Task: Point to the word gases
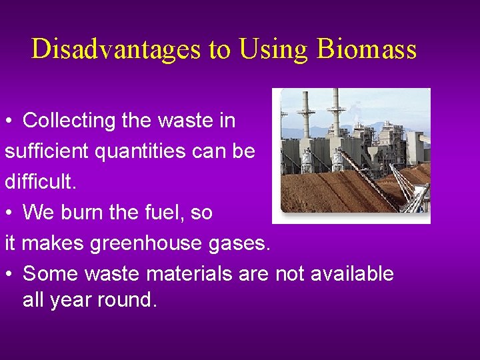(x=241, y=244)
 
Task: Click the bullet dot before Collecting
(x=9, y=121)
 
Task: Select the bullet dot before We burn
(x=9, y=213)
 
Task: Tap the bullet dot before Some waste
(x=9, y=275)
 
